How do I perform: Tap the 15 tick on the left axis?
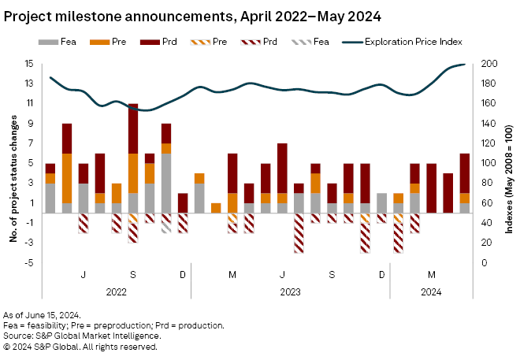[x=28, y=63]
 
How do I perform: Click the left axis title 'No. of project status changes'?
[x=13, y=162]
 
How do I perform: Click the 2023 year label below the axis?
[x=289, y=290]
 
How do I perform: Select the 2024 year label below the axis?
[x=432, y=290]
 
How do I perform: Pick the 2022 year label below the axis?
[x=116, y=290]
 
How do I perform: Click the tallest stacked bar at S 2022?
[x=133, y=158]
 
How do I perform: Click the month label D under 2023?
[x=381, y=274]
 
